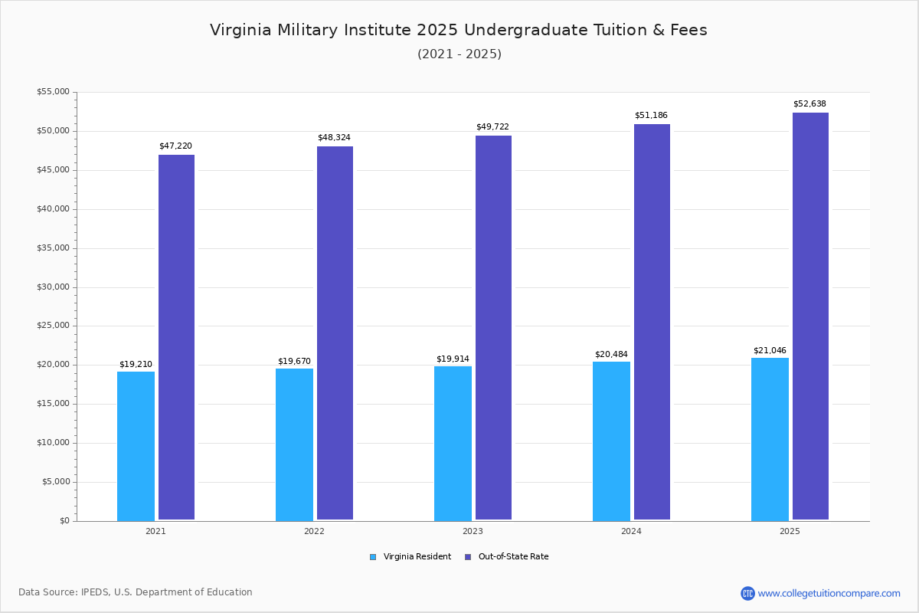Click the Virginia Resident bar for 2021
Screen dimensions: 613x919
136,446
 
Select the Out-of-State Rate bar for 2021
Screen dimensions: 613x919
176,337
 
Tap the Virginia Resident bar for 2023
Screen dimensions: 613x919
453,444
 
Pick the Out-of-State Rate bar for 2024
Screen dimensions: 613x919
652,322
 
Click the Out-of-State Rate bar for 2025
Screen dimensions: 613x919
810,316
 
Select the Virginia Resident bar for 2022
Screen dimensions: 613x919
294,444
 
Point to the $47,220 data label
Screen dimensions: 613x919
175,146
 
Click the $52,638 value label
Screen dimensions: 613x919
809,103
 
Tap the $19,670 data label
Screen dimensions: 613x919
294,361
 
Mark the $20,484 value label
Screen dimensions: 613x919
611,354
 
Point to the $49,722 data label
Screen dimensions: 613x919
492,126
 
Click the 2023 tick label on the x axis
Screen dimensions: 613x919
473,531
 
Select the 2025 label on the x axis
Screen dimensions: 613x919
790,531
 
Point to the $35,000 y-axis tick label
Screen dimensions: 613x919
53,248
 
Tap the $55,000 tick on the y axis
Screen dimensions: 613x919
53,92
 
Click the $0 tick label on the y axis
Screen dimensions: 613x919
64,521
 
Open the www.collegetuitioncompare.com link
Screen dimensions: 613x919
829,593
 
